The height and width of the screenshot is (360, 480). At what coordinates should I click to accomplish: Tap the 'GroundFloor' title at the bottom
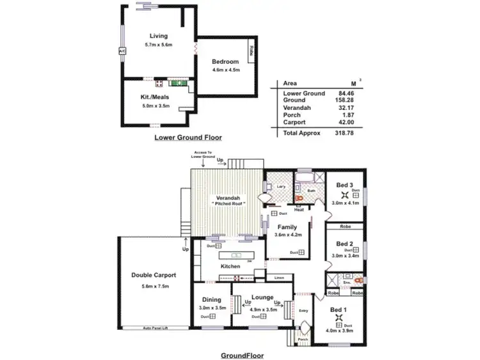[x=243, y=355]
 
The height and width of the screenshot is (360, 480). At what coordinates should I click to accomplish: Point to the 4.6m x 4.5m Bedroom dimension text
[x=225, y=69]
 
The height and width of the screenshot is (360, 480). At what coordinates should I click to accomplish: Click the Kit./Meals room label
[x=154, y=97]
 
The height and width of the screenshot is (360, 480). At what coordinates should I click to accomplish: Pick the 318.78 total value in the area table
[x=343, y=133]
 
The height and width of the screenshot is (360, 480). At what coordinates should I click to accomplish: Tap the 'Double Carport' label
[x=154, y=275]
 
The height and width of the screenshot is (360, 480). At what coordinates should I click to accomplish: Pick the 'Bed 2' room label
[x=345, y=244]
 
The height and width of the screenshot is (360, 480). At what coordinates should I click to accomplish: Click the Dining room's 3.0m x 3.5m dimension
[x=212, y=308]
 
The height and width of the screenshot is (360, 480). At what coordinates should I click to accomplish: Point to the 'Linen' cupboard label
[x=278, y=278]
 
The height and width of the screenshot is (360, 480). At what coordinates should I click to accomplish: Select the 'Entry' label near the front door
[x=304, y=311]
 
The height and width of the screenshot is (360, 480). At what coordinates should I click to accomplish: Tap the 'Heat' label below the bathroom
[x=298, y=209]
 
